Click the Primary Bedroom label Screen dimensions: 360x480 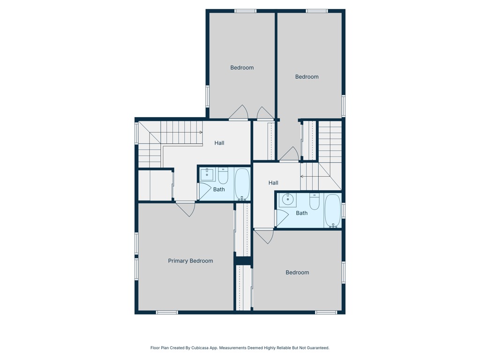(x=190, y=261)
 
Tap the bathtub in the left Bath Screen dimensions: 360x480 (x=242, y=184)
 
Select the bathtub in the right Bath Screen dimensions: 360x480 (x=332, y=211)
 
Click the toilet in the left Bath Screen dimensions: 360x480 (x=223, y=176)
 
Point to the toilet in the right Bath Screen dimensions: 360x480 (x=314, y=202)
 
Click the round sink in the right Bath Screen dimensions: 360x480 (x=287, y=199)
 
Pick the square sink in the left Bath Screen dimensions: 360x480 (x=207, y=175)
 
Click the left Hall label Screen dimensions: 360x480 (x=219, y=143)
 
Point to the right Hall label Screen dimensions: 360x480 (x=273, y=183)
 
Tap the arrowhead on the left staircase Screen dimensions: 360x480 (x=201, y=132)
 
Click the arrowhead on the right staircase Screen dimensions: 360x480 (x=302, y=177)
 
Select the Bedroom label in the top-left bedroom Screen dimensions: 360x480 (x=242, y=67)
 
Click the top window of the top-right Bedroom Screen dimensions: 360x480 (x=317, y=11)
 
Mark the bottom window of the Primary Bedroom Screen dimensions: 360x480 (x=167, y=312)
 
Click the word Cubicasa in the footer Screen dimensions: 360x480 (x=201, y=348)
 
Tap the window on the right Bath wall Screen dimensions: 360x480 (x=344, y=210)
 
